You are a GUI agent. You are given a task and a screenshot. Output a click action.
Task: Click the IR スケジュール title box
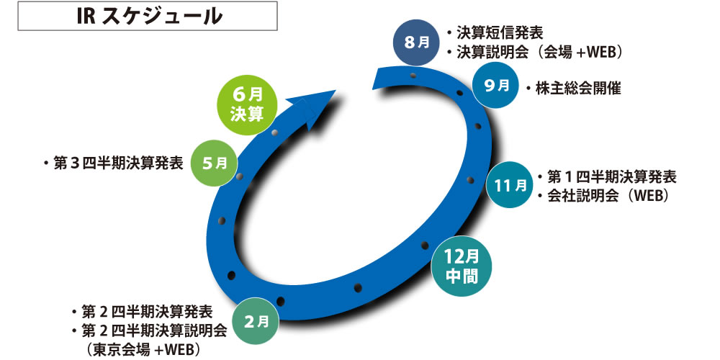coord(148,16)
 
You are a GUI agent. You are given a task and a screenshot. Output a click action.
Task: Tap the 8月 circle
coord(416,42)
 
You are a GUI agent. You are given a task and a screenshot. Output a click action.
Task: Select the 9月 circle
coord(496,86)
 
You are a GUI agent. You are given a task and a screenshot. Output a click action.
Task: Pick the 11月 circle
coord(510,184)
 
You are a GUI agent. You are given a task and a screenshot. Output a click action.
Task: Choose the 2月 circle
coord(256,322)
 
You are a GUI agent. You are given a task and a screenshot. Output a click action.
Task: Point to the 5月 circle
coord(214,163)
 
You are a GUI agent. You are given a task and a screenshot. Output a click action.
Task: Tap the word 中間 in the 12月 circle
coord(462,276)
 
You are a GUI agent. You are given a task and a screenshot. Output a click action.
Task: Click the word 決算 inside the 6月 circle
coord(247,115)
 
